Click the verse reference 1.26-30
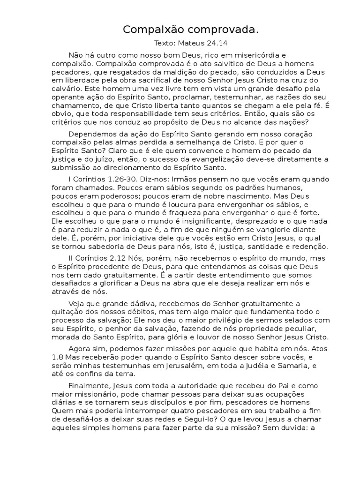[110, 179]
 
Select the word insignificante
[200, 221]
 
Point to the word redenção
[311, 247]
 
